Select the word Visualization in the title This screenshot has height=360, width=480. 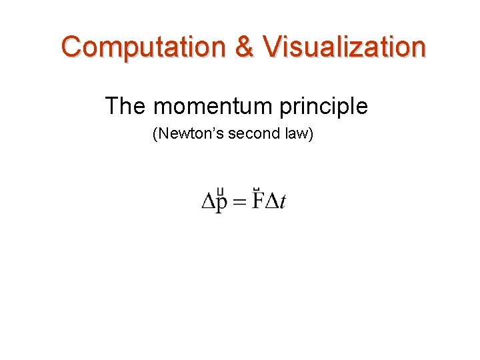click(x=344, y=47)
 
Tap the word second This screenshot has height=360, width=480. click(x=253, y=134)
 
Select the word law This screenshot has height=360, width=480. click(x=296, y=134)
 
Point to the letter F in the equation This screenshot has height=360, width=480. click(x=257, y=201)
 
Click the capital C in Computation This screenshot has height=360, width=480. click(x=73, y=47)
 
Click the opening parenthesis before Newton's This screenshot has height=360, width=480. click(x=155, y=134)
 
